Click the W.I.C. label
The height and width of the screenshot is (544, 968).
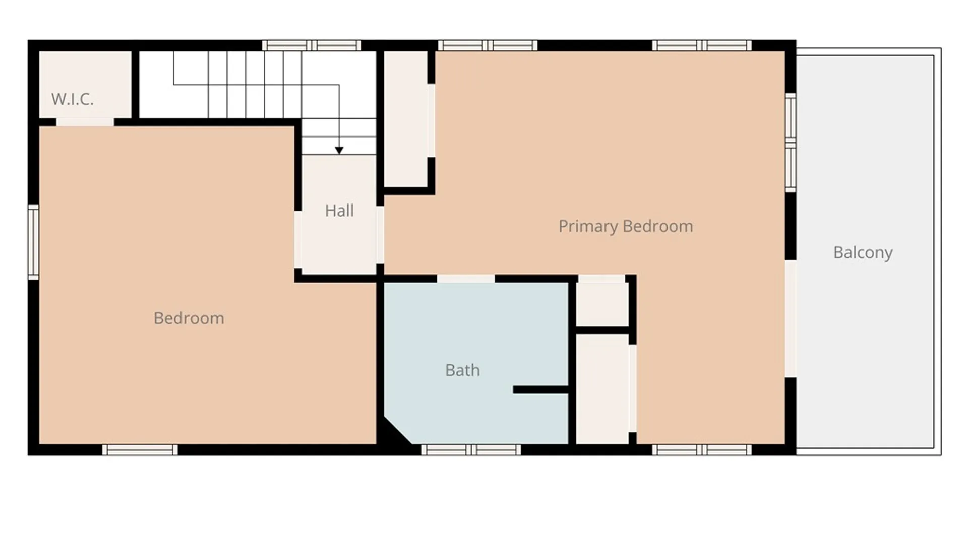pos(73,99)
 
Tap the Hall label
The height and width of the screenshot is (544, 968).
pos(339,211)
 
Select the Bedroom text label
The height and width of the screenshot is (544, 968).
pos(189,318)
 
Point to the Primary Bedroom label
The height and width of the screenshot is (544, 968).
pos(626,226)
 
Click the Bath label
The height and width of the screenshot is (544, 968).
pos(462,370)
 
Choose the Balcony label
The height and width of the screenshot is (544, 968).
pos(863,252)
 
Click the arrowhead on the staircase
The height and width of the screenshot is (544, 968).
pos(339,150)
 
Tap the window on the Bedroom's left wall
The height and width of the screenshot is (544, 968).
pos(33,242)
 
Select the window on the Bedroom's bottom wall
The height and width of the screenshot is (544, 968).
pos(140,450)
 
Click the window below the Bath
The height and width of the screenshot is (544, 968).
pos(471,450)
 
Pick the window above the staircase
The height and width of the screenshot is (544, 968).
pos(312,45)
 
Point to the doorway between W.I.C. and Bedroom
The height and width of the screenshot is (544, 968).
pos(85,122)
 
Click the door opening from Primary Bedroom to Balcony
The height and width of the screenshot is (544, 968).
pos(791,318)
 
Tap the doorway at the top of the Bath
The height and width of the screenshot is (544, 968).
pos(466,279)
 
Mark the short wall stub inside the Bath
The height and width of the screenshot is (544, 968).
pos(540,390)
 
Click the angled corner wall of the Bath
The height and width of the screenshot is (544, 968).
pos(398,430)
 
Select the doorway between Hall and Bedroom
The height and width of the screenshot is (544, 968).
pos(298,240)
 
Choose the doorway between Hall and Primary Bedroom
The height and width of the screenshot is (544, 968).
pos(380,235)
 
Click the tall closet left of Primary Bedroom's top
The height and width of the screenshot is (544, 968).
pos(406,119)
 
